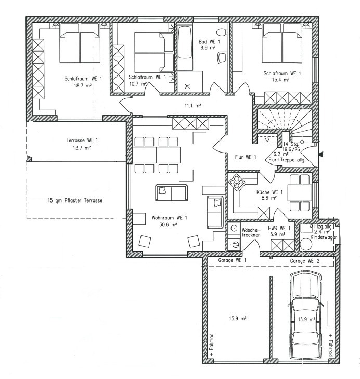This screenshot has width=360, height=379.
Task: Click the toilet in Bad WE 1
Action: tap(221, 32)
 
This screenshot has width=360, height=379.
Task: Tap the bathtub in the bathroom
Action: tap(185, 42)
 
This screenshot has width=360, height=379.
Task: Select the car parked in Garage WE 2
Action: tap(305, 316)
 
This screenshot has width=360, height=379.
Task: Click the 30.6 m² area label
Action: tap(168, 224)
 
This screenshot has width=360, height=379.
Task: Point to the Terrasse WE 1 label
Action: tap(82, 140)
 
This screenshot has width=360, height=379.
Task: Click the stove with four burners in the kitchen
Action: tap(236, 182)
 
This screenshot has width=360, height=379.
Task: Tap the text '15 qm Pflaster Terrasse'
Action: tap(75, 200)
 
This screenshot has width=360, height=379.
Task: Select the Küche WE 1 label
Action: tap(269, 192)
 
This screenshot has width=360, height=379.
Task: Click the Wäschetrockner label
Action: tap(251, 232)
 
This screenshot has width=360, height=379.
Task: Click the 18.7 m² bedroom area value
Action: tap(83, 85)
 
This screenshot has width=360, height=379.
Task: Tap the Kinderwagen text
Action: tap(324, 237)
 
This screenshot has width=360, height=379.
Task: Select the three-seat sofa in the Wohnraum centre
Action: tap(172, 193)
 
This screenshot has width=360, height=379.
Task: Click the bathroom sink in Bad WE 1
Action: tap(222, 57)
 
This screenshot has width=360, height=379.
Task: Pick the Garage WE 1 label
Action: tap(232, 260)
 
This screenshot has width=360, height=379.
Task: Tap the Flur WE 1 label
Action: tap(246, 157)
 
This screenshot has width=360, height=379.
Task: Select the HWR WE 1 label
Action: tap(279, 228)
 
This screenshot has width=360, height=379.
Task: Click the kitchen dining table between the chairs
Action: tap(300, 193)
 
